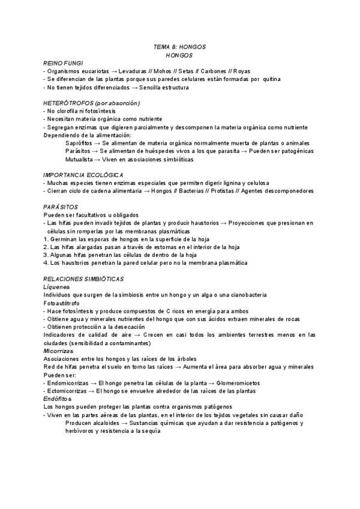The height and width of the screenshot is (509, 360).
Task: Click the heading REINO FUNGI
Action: [63, 63]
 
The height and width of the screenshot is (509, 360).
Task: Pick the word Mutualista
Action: [80, 159]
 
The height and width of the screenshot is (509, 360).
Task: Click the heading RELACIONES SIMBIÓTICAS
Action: [83, 279]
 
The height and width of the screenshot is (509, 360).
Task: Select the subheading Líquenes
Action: [56, 287]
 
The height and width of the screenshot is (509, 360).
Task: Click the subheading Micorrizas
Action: [58, 351]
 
